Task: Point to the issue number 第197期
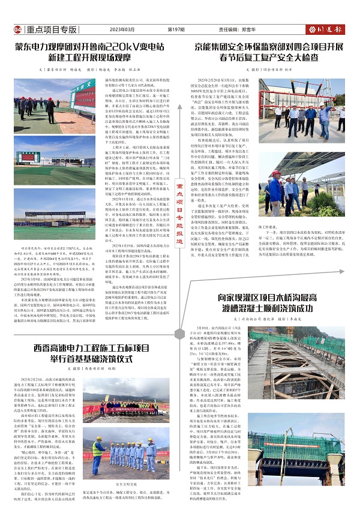tap(176, 29)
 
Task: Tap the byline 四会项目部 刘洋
tap(271, 70)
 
